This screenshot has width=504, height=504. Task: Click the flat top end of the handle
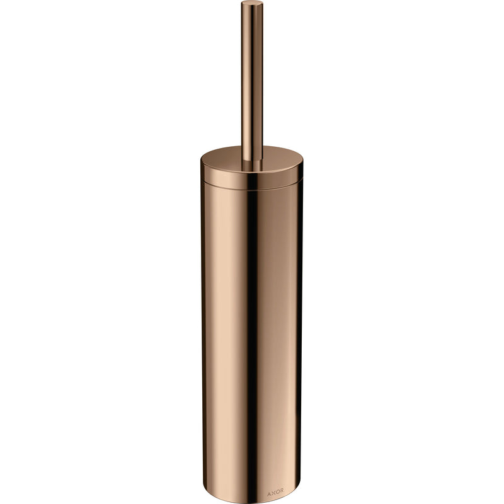click(252, 3)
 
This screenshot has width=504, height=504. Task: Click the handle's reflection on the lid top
click(253, 166)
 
